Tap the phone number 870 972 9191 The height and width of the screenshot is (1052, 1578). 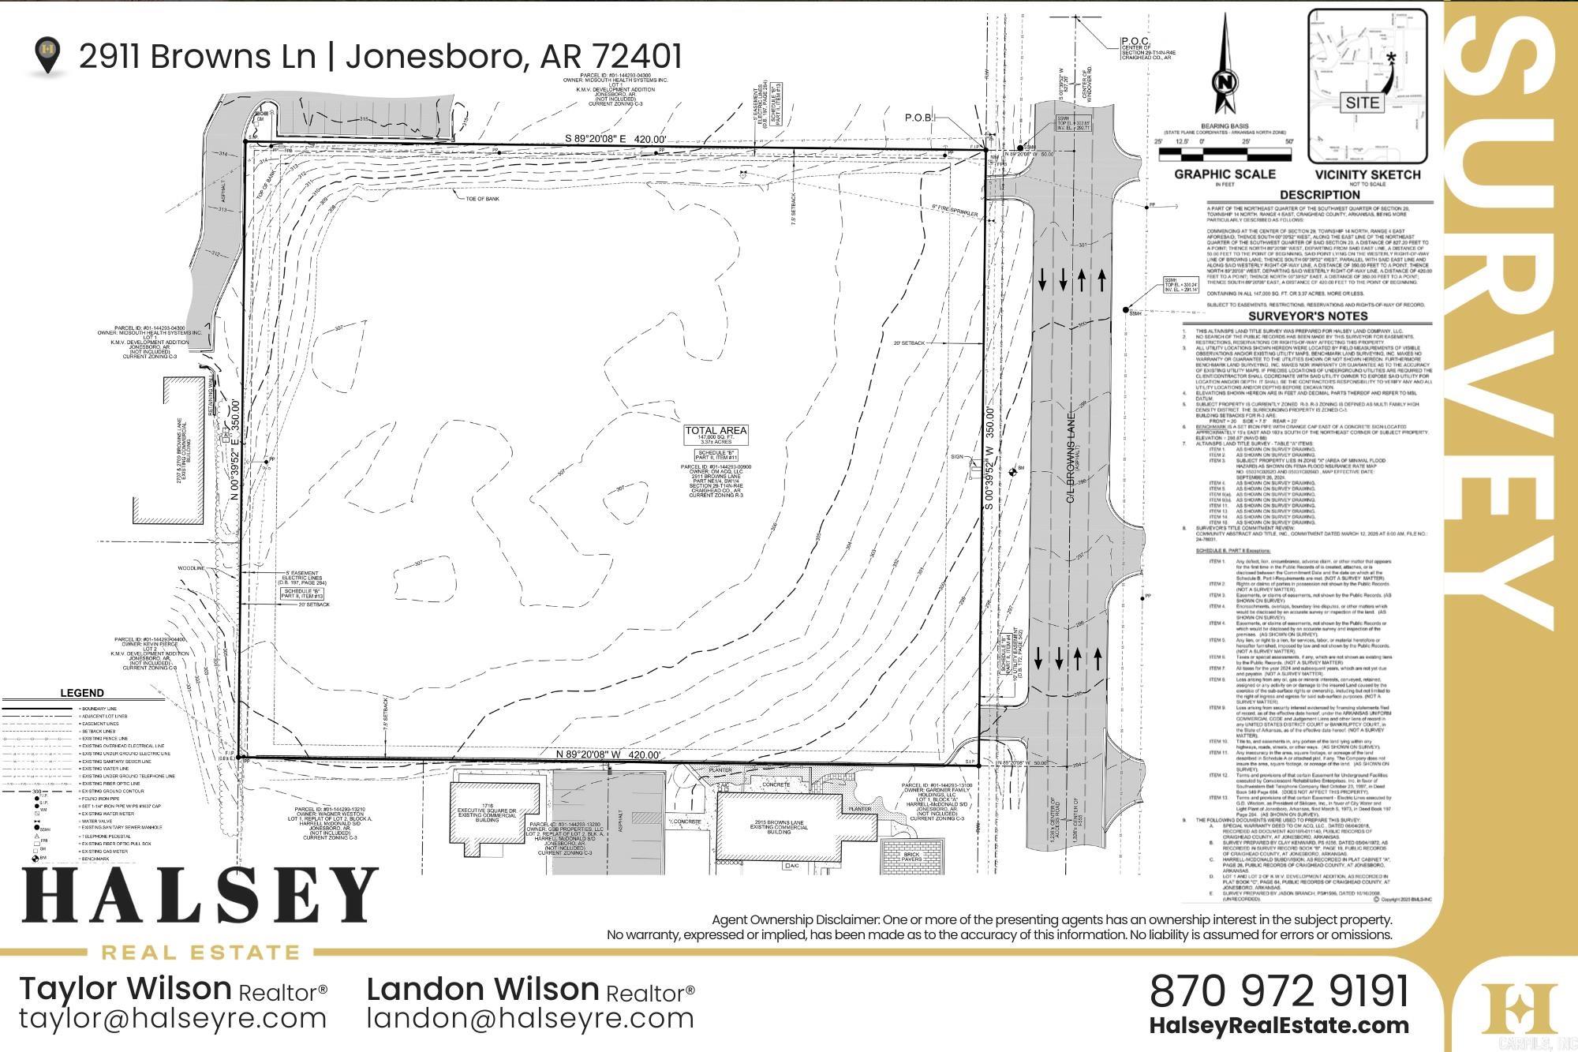pyautogui.click(x=1279, y=990)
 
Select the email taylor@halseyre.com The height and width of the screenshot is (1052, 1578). pyautogui.click(x=173, y=1018)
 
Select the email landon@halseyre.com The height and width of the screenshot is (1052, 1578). pyautogui.click(x=530, y=1018)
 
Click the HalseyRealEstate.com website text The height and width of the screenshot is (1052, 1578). pyautogui.click(x=1279, y=1026)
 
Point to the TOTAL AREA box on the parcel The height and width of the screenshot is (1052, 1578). pyautogui.click(x=716, y=435)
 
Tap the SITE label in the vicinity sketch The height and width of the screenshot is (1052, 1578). pyautogui.click(x=1363, y=103)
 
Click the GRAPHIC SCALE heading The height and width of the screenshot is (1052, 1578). pyautogui.click(x=1225, y=174)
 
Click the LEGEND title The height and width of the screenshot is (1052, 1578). pyautogui.click(x=82, y=693)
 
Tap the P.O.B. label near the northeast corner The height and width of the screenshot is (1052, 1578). pyautogui.click(x=919, y=118)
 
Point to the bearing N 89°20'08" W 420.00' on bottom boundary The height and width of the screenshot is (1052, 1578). pyautogui.click(x=608, y=754)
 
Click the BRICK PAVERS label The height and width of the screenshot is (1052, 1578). pyautogui.click(x=912, y=857)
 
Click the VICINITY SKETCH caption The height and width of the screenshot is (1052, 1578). pyautogui.click(x=1367, y=174)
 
